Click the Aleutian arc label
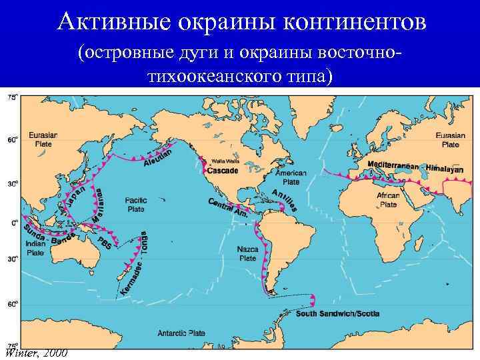pyautogui.click(x=158, y=157)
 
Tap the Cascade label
pyautogui.click(x=222, y=171)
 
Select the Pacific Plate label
pyautogui.click(x=136, y=204)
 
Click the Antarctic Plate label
pyautogui.click(x=181, y=332)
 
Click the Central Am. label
pyautogui.click(x=228, y=209)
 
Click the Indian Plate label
pyautogui.click(x=35, y=248)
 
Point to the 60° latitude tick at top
pyautogui.click(x=13, y=140)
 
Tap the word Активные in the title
pyautogui.click(x=113, y=22)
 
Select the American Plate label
pyautogui.click(x=291, y=177)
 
